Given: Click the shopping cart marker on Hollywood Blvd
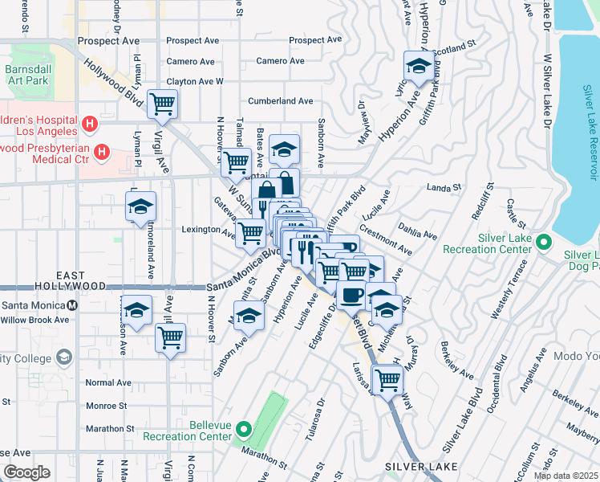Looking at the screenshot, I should (x=163, y=103).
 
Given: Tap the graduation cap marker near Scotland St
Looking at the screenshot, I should (x=418, y=67).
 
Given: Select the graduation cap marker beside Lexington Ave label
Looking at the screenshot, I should (x=140, y=206).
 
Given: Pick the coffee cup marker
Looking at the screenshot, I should (x=351, y=295).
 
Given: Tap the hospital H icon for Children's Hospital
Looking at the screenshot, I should (x=91, y=125).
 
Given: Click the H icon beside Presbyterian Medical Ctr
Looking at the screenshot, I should (x=102, y=151).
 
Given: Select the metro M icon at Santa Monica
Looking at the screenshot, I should (x=73, y=304).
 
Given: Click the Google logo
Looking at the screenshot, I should (x=26, y=472).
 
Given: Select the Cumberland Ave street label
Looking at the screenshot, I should (x=280, y=101).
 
